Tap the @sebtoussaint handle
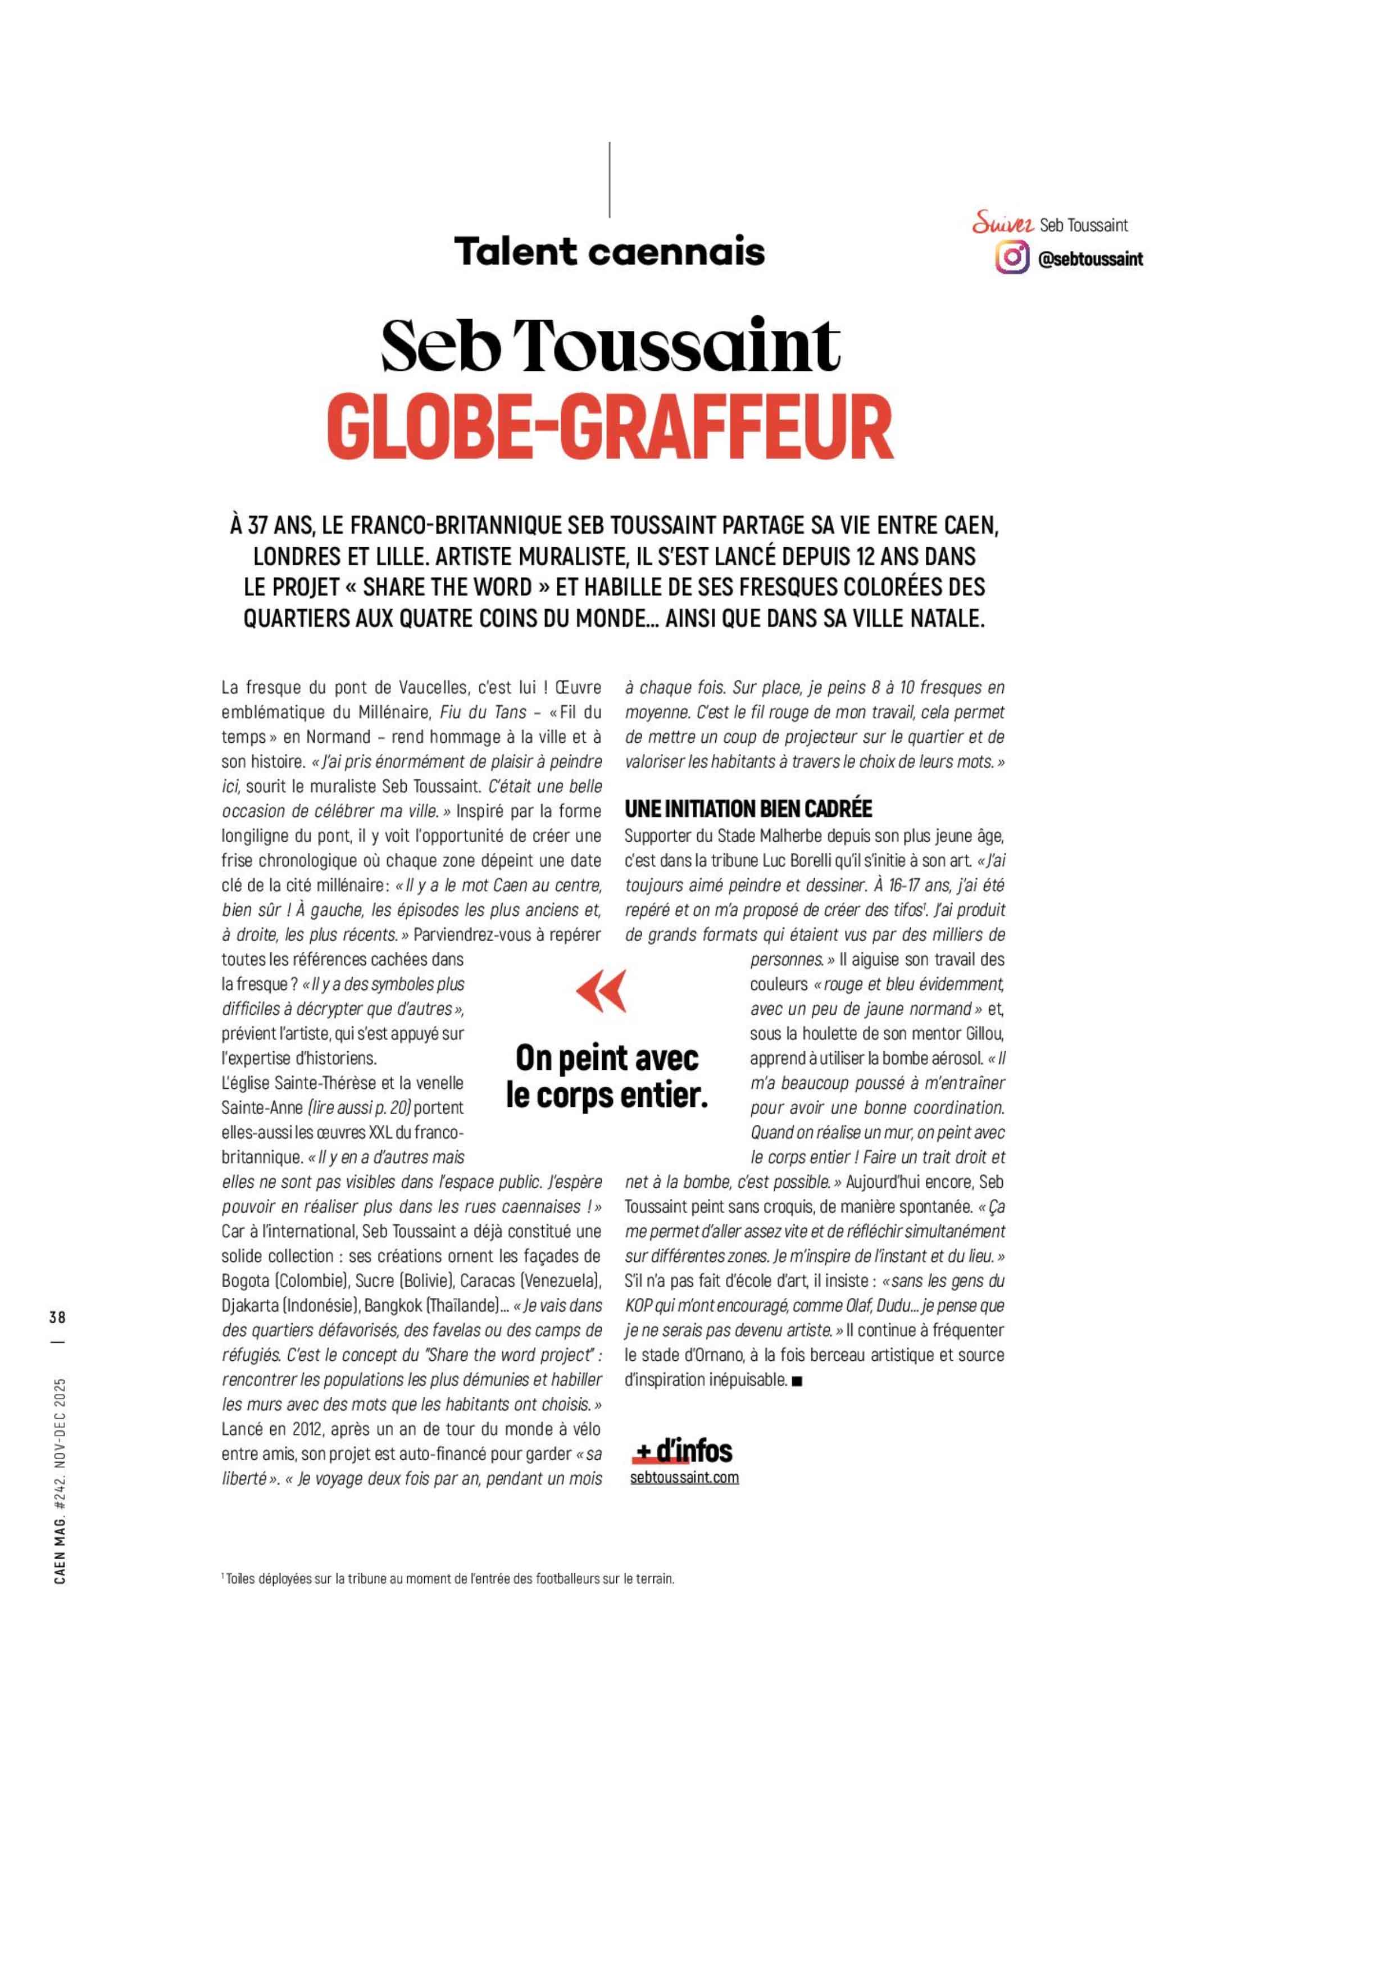point(1090,258)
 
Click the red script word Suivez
point(1002,225)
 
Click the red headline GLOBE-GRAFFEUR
point(610,427)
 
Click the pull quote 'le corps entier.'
point(606,1097)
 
